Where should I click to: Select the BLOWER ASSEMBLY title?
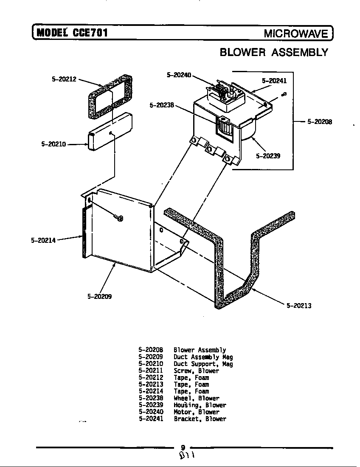274,52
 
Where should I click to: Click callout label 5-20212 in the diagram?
64,79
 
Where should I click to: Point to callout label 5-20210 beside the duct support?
53,144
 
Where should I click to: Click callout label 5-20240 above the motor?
179,75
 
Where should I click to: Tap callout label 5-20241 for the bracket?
274,81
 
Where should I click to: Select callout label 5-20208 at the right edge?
320,122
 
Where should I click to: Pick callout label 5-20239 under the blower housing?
268,156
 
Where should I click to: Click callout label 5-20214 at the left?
43,240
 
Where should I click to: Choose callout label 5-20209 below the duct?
99,296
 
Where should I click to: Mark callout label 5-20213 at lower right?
299,305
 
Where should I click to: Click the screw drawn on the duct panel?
119,218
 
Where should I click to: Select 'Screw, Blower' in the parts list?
196,371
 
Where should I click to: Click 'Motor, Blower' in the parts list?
197,412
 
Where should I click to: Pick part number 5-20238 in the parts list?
151,398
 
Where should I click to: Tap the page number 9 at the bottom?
183,447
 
